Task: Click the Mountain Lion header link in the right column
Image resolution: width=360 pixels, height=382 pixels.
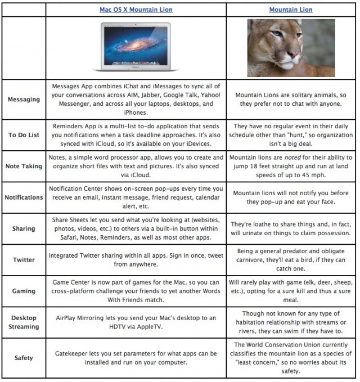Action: pos(291,10)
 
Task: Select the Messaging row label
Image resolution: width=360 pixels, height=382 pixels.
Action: pos(24,100)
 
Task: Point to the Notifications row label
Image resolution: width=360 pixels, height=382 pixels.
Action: pos(24,197)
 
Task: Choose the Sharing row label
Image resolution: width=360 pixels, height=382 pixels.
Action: pos(24,228)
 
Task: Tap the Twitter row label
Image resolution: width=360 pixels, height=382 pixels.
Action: pos(24,259)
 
